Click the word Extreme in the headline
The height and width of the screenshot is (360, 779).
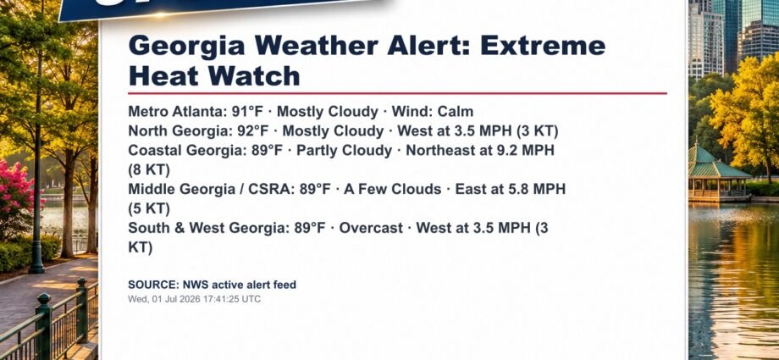[x=543, y=46]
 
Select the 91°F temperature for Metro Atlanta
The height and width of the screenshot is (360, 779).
[x=247, y=111]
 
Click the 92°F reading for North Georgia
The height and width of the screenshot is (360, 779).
[x=253, y=130]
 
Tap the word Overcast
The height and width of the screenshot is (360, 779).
[x=371, y=228]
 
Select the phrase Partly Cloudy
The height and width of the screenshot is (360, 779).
[x=345, y=150]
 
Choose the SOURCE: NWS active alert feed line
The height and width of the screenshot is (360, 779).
[x=213, y=285]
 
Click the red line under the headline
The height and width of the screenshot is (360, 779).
[x=397, y=93]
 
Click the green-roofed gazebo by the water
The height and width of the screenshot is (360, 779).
[x=718, y=173]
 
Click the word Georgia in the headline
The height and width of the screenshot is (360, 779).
[x=186, y=47]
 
